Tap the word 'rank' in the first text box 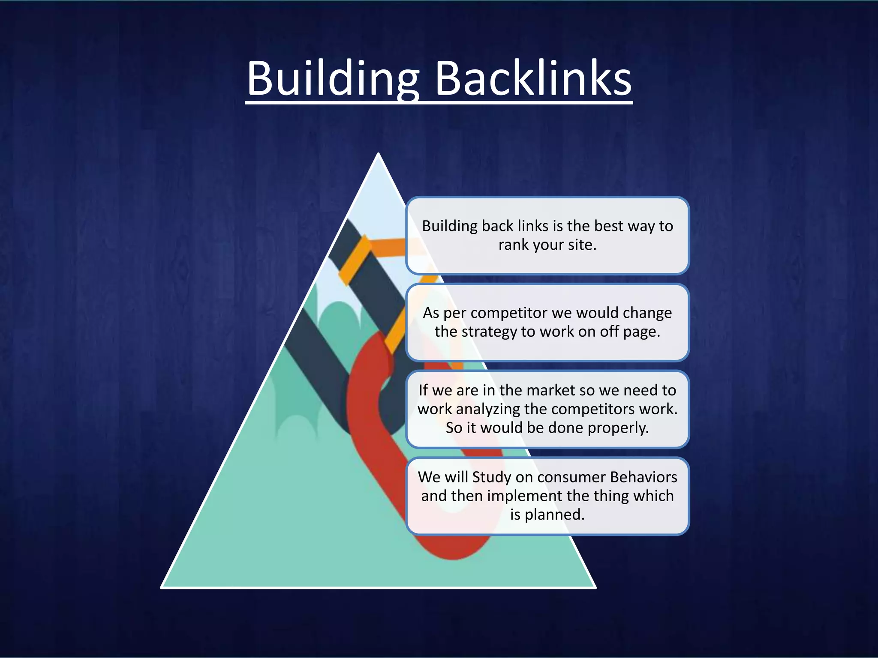[x=512, y=245]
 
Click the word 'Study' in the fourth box [x=491, y=477]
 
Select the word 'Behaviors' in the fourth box [x=643, y=477]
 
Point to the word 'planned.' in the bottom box [x=555, y=514]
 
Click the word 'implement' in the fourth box [x=524, y=496]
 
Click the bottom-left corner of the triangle [x=162, y=587]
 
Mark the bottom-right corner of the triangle [x=595, y=587]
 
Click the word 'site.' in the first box [x=582, y=245]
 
